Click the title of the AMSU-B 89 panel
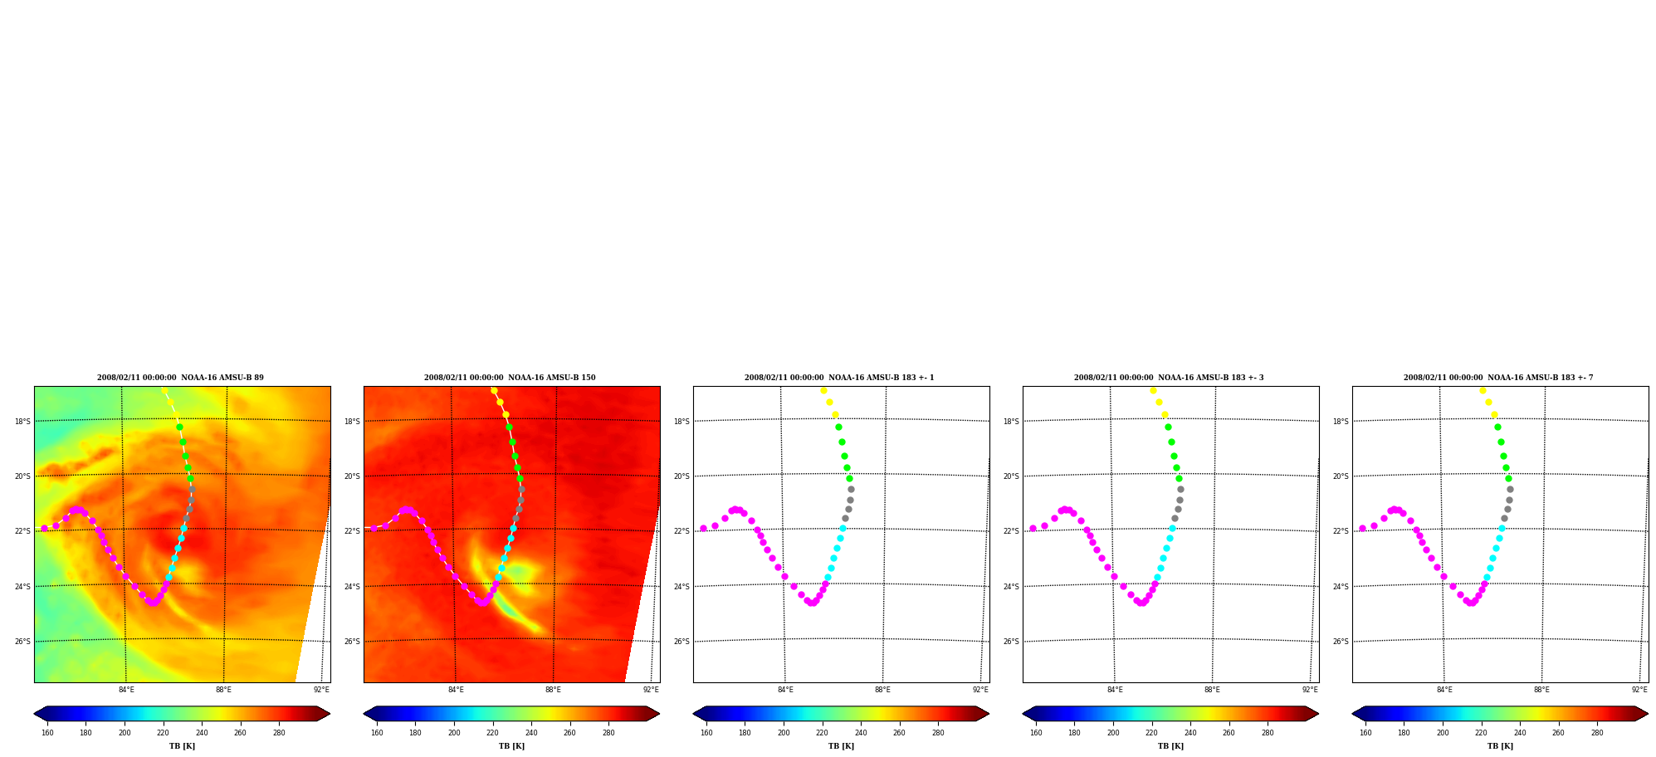coord(180,378)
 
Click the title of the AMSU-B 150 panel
coord(510,378)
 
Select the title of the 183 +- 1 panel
coord(839,378)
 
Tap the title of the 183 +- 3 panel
coord(1169,378)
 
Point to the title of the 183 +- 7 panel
coord(1498,378)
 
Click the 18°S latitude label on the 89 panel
coord(22,422)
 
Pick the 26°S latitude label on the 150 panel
coord(352,642)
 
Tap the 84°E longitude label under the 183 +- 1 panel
coord(785,690)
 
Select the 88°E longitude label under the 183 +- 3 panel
coord(1212,690)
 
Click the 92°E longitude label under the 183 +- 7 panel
coord(1639,690)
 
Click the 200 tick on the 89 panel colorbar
coord(125,733)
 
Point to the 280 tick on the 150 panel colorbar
coord(608,733)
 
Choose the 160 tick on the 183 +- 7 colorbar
coord(1365,733)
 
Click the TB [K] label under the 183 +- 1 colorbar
coord(841,746)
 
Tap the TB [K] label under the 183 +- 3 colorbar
coord(1170,746)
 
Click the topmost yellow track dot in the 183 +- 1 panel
coord(823,390)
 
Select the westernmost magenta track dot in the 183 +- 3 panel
coord(1033,528)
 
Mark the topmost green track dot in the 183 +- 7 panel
coord(1497,427)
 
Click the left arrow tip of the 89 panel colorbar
coord(34,714)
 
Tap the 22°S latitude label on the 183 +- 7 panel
coord(1341,531)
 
